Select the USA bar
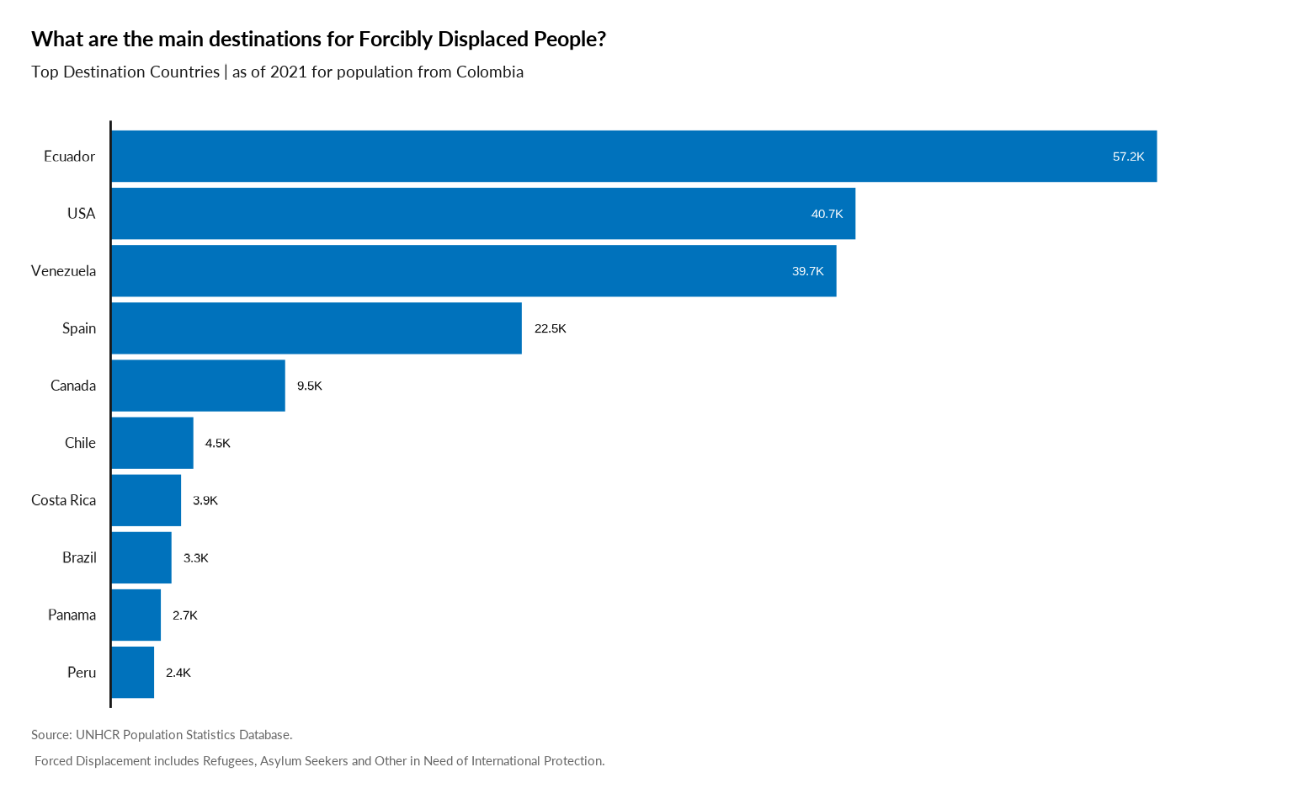coord(483,214)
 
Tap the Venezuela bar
coord(474,271)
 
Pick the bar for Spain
coord(317,328)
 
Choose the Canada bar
coord(199,386)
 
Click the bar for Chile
coord(152,443)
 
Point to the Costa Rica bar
coord(146,500)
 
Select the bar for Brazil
coord(141,557)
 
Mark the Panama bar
coord(136,615)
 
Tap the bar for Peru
coord(133,672)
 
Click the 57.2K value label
coord(1128,157)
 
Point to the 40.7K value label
coord(827,214)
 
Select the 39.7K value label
coord(807,271)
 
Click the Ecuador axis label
coord(69,157)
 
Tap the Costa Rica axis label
coord(63,500)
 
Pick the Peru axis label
coord(81,672)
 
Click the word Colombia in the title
coord(490,72)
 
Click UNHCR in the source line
coord(98,734)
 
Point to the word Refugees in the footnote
coord(228,761)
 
